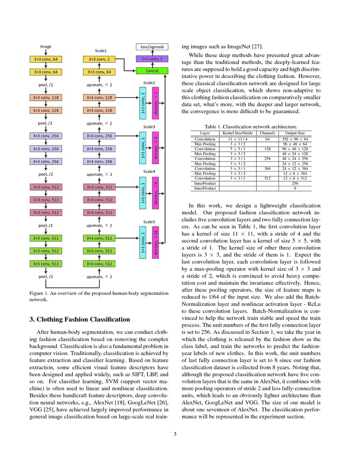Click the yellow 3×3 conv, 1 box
pos(99,59)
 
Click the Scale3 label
pos(149,127)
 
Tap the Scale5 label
pos(149,221)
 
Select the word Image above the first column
pos(46,47)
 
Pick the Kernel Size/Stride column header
pos(238,133)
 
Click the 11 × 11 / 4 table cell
pos(238,139)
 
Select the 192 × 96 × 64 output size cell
pos(295,139)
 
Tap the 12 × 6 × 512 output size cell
pos(295,178)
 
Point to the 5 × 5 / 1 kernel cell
pos(238,149)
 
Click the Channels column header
pos(268,133)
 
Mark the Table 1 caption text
pos(251,126)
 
